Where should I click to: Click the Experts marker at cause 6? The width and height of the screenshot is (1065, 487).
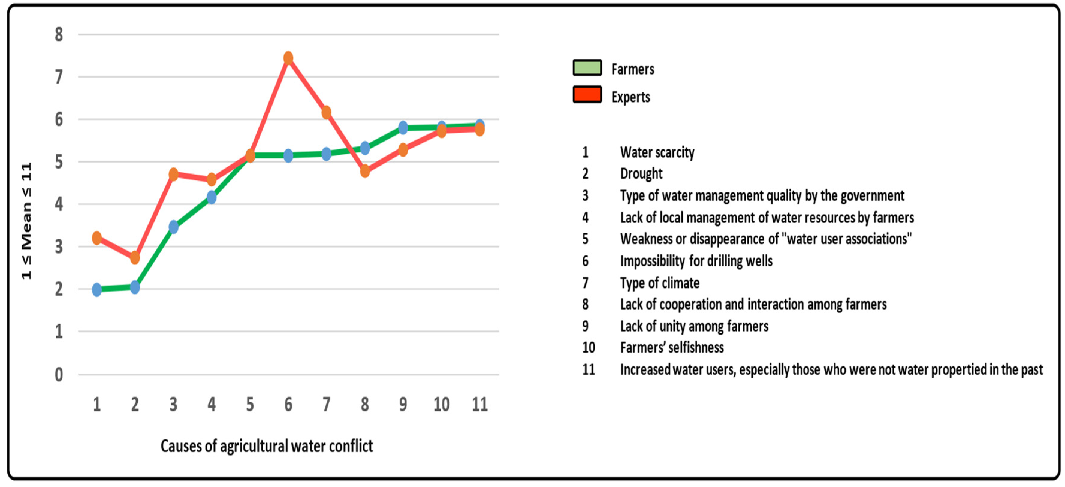pyautogui.click(x=288, y=58)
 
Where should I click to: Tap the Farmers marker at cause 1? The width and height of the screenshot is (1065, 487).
pyautogui.click(x=97, y=289)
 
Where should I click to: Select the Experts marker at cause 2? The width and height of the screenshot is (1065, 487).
pyautogui.click(x=135, y=257)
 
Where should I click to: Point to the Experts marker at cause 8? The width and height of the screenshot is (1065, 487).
pyautogui.click(x=365, y=171)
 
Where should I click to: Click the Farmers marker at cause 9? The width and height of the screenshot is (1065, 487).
pyautogui.click(x=403, y=128)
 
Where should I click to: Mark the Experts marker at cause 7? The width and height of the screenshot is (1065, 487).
pyautogui.click(x=326, y=112)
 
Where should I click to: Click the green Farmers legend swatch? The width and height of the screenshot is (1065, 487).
pyautogui.click(x=587, y=68)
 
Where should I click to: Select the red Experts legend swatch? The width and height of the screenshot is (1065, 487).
pyautogui.click(x=587, y=95)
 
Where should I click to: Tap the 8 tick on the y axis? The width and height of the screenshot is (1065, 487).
pyautogui.click(x=59, y=34)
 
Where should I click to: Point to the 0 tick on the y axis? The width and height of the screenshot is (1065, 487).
pyautogui.click(x=59, y=375)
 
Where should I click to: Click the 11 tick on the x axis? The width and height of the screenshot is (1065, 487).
pyautogui.click(x=479, y=404)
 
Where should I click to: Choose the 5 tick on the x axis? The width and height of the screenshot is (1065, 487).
pyautogui.click(x=250, y=404)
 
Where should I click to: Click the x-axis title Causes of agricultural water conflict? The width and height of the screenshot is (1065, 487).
pyautogui.click(x=267, y=446)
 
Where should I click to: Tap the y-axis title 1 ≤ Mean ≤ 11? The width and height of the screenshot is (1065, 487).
pyautogui.click(x=26, y=221)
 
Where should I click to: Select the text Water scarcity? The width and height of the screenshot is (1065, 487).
pyautogui.click(x=657, y=152)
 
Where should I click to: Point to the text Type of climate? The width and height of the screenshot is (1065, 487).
pyautogui.click(x=660, y=283)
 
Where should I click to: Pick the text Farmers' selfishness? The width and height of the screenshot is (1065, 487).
pyautogui.click(x=672, y=348)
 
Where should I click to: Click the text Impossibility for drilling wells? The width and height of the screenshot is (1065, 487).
pyautogui.click(x=696, y=261)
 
